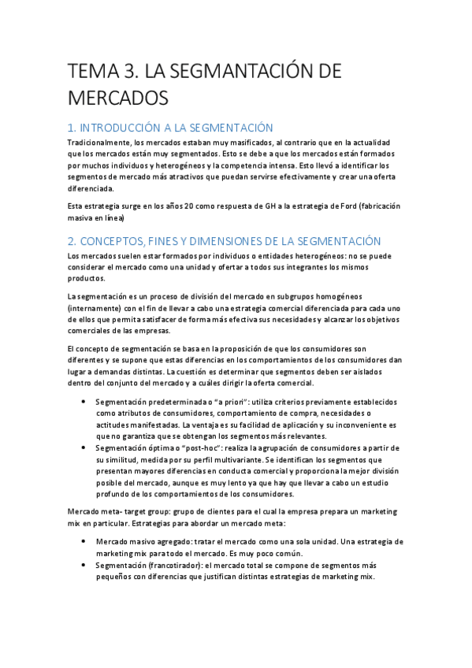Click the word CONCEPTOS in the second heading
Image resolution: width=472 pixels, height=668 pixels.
tap(121, 241)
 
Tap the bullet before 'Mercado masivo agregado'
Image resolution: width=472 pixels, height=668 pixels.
tap(84, 542)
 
